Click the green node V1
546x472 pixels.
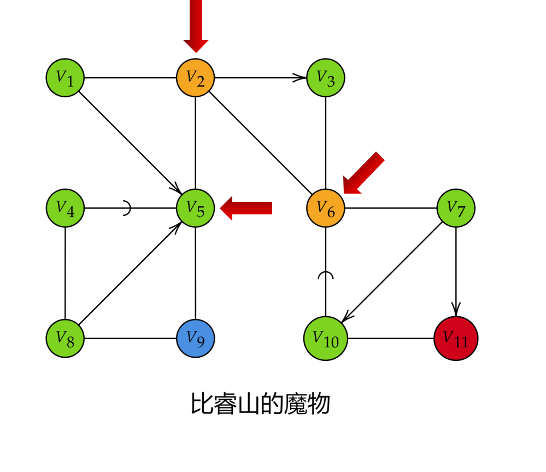pos(65,78)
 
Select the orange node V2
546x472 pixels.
pos(195,78)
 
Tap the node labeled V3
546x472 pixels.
pos(326,78)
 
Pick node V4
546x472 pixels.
pos(65,208)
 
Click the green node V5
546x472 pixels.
pos(195,208)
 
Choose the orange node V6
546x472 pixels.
pos(326,208)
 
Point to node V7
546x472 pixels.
pos(456,208)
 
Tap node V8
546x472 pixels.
pos(65,338)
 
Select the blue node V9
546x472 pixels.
pos(195,338)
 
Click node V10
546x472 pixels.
pos(326,338)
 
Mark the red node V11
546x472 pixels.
pos(456,338)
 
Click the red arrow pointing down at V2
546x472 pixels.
pos(196,27)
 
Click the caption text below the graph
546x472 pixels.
pos(260,405)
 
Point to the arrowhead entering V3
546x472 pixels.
pos(300,78)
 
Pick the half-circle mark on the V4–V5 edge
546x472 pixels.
pos(127,208)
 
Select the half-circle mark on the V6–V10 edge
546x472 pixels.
pos(326,275)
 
